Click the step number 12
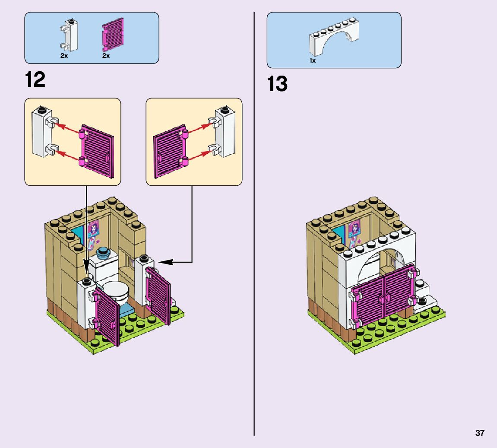35,79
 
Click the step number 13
277,84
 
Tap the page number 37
480,433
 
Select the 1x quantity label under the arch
312,61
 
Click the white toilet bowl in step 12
115,292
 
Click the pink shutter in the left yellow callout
97,152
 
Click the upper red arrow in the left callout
68,127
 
